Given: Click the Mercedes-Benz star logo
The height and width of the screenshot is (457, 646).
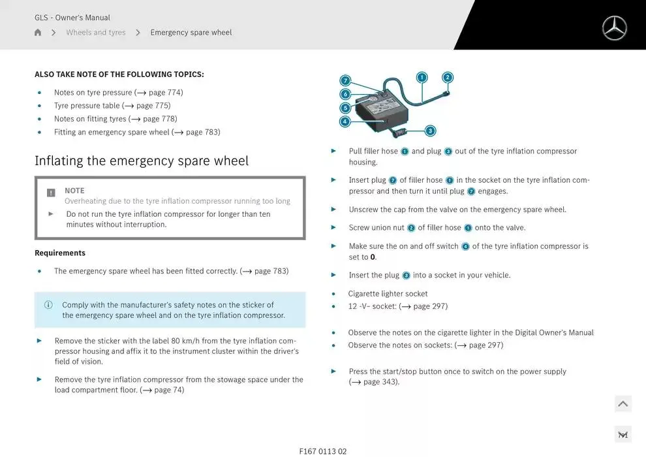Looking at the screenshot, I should (614, 28).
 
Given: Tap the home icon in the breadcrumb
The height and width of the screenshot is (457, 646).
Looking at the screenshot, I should (38, 33).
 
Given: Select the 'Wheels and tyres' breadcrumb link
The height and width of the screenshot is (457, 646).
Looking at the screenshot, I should (95, 33).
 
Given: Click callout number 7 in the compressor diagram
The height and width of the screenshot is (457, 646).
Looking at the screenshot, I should (345, 81).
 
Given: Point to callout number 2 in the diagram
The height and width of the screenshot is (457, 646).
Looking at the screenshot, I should (448, 77).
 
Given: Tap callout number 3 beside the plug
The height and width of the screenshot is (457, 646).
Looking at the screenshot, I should (430, 131).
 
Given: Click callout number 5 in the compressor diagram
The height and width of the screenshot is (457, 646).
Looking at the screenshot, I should (345, 108).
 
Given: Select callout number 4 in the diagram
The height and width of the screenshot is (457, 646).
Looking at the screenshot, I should (345, 121).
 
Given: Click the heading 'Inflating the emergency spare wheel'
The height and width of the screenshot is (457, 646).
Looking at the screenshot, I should (142, 161).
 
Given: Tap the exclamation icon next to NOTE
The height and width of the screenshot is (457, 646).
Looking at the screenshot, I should (51, 193).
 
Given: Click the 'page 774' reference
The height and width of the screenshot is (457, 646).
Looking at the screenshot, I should (165, 93).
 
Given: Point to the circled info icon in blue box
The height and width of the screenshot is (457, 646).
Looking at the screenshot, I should (48, 305).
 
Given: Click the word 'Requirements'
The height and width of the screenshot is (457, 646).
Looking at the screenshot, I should (60, 253).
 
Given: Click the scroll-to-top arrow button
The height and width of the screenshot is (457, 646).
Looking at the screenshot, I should (623, 404).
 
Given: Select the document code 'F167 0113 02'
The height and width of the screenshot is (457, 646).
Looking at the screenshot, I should (323, 451).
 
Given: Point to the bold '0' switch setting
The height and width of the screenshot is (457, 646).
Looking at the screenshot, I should (373, 257).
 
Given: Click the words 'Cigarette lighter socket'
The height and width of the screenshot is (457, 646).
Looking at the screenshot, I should (388, 294).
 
